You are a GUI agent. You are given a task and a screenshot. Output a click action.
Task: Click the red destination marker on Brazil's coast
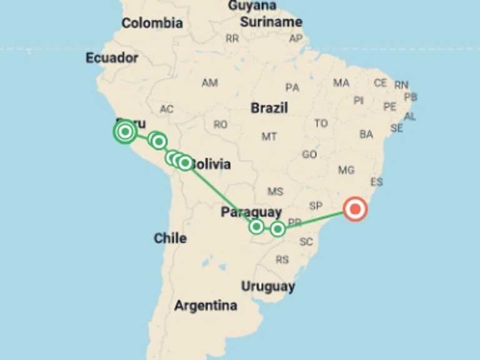point(356,209)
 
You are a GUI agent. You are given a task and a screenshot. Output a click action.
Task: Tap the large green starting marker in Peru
point(125,131)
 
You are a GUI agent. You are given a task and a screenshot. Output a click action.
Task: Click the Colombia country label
point(152,24)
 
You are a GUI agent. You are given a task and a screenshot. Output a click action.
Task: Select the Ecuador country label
point(112,58)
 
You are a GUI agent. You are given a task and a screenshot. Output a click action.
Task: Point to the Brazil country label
point(269,108)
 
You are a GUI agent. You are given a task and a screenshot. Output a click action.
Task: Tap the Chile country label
point(170,238)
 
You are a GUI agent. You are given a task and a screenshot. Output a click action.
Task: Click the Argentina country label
point(206,306)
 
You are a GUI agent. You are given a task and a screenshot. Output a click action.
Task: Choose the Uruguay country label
point(268,287)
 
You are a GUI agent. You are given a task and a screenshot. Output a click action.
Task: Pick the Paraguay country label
point(251,212)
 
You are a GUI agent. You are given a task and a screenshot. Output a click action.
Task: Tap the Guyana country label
point(252,6)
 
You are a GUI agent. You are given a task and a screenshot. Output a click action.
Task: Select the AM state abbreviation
point(209,83)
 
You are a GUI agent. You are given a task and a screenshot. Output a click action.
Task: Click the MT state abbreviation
point(269,136)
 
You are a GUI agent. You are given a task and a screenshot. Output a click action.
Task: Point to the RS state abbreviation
point(282,259)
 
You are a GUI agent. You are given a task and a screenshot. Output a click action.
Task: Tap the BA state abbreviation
point(366,134)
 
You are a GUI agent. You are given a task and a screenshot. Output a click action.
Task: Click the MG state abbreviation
point(346,170)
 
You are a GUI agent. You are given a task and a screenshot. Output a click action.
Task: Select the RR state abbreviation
point(232,39)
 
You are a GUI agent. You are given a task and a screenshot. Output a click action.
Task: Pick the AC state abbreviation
point(166,109)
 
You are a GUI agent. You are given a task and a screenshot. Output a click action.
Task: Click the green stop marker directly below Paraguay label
point(256,226)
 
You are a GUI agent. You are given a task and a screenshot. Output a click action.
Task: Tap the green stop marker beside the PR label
point(277,229)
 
